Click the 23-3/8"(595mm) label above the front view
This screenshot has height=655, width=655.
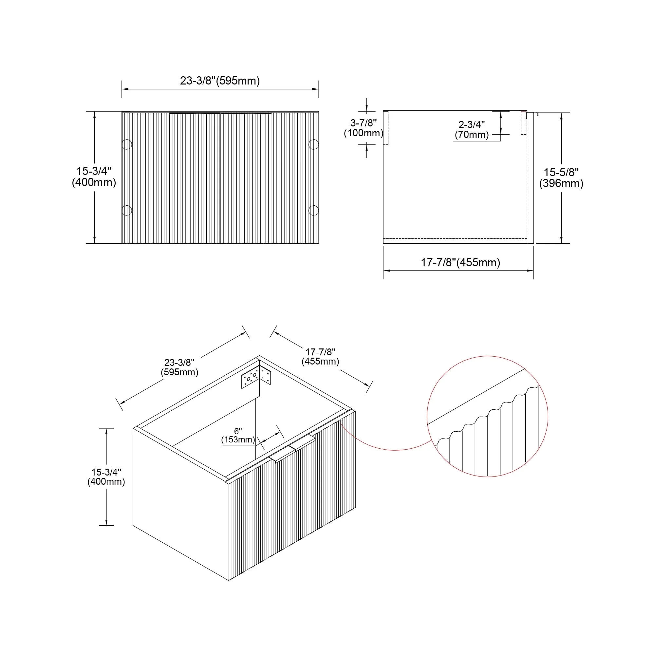pos(220,81)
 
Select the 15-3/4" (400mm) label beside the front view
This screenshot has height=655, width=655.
pos(94,177)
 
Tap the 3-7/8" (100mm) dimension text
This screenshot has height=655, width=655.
pos(364,128)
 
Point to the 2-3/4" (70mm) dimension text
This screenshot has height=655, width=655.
pos(472,129)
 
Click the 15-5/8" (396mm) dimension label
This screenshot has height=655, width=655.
pos(561,178)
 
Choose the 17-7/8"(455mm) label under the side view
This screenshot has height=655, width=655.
pos(460,262)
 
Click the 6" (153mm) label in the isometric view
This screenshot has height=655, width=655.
pos(238,435)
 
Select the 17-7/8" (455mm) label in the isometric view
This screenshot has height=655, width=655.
pos(320,357)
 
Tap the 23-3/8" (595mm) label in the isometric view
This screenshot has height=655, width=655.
pos(179,367)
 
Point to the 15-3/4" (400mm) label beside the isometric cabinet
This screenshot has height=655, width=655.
pos(106,477)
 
